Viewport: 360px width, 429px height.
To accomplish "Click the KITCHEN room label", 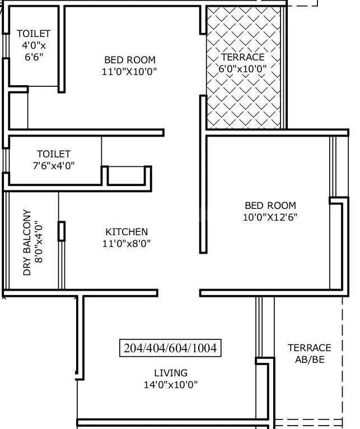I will (127, 232).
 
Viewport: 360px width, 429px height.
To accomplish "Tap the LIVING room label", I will (171, 373).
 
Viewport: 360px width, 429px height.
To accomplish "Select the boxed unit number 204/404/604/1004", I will (170, 348).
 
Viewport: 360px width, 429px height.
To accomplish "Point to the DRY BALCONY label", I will (27, 243).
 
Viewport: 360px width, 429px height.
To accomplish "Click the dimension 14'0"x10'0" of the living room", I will (171, 385).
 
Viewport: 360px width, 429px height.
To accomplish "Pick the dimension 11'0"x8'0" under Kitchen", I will (127, 244).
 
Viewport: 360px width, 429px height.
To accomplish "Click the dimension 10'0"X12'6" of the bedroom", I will (270, 217).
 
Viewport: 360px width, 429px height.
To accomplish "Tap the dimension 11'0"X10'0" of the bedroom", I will (130, 72).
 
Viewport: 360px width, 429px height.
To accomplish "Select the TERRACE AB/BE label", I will (309, 354).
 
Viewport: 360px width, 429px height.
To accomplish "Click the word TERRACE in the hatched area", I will (242, 57).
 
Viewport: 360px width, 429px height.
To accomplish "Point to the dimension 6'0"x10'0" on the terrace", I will (242, 69).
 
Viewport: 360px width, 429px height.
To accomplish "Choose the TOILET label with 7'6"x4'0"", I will (54, 154).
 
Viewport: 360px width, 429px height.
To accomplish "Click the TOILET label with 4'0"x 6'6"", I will (33, 34).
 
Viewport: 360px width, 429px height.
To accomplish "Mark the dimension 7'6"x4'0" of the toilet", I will (54, 166).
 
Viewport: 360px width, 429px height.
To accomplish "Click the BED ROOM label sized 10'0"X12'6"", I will (270, 206).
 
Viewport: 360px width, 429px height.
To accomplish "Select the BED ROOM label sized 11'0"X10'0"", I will (130, 60).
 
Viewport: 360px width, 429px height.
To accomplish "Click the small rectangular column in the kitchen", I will (62, 231).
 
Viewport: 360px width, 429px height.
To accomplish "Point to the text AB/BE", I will (309, 360).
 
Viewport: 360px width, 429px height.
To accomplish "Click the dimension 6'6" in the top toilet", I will (33, 57).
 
